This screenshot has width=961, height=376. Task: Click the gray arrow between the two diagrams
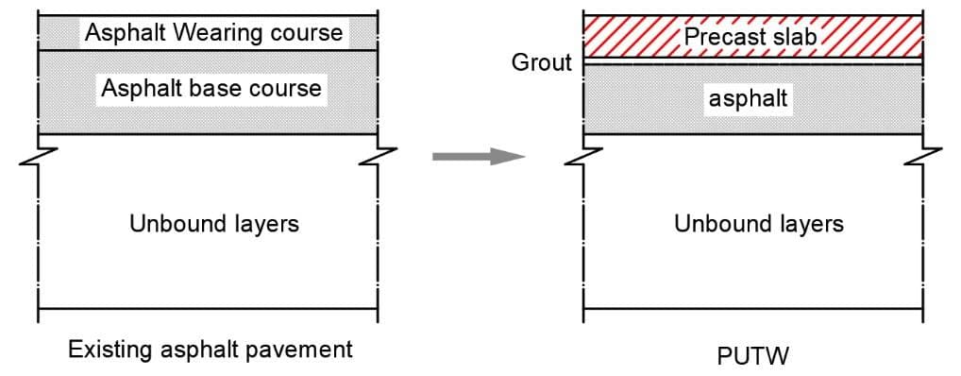coord(479,157)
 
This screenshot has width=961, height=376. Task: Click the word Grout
coord(543,62)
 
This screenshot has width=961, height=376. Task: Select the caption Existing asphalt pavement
coord(211,350)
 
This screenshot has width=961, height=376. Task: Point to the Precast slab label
coord(750,36)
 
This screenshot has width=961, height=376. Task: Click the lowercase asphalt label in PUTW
coord(748,98)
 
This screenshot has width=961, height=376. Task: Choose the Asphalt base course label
coord(211,88)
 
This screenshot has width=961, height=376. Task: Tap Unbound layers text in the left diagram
coord(214,224)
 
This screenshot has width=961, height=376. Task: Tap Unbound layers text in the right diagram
coord(759,224)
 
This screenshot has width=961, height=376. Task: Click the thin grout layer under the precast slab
coord(753,61)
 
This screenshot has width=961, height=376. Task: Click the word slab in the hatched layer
coord(794,36)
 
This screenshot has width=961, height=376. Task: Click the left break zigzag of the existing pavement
coord(39,156)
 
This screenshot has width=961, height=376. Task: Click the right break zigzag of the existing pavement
coord(378,156)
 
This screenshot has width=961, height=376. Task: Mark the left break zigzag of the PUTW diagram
coord(583,156)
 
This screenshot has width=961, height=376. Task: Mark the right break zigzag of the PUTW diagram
coord(923,156)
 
